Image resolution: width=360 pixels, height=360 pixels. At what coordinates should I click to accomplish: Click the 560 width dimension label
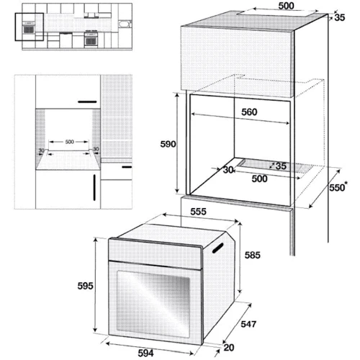point(249,112)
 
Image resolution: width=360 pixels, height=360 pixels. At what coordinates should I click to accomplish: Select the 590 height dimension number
point(168,144)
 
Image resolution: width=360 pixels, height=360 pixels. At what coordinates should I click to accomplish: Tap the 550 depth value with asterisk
point(338,187)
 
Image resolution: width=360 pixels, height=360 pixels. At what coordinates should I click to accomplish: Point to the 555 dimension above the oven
point(198,212)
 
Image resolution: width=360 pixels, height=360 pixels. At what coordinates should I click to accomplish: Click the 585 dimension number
point(253,255)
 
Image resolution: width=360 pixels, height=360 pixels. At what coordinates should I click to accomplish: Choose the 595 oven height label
point(85,286)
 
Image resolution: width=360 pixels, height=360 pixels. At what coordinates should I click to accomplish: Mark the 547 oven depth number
point(248,324)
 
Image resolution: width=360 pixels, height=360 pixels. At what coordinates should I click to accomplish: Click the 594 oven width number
point(145,353)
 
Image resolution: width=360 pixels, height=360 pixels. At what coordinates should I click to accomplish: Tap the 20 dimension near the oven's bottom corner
point(229,347)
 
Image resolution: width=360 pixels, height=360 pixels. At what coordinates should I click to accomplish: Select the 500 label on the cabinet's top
point(286,6)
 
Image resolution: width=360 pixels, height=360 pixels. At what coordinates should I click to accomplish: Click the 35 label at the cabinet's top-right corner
point(340,17)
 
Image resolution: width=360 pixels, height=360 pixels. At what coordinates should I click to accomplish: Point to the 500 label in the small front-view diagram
point(70,142)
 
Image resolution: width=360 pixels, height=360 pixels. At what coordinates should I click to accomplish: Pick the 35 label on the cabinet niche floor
point(281,166)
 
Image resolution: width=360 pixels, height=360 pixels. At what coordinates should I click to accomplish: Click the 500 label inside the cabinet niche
point(259,179)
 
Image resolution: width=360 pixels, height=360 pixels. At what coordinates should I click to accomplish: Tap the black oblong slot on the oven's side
point(218,248)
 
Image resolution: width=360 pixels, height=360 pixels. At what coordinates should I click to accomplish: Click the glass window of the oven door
point(153,305)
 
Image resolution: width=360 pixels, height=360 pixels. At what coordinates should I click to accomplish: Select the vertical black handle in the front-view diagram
point(94,187)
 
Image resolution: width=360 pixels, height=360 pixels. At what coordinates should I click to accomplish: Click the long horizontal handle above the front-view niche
point(87,102)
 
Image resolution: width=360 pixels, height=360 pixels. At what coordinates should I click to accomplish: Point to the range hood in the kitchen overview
point(91,16)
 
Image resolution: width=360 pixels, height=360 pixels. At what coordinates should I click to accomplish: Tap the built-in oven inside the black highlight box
point(29,27)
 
